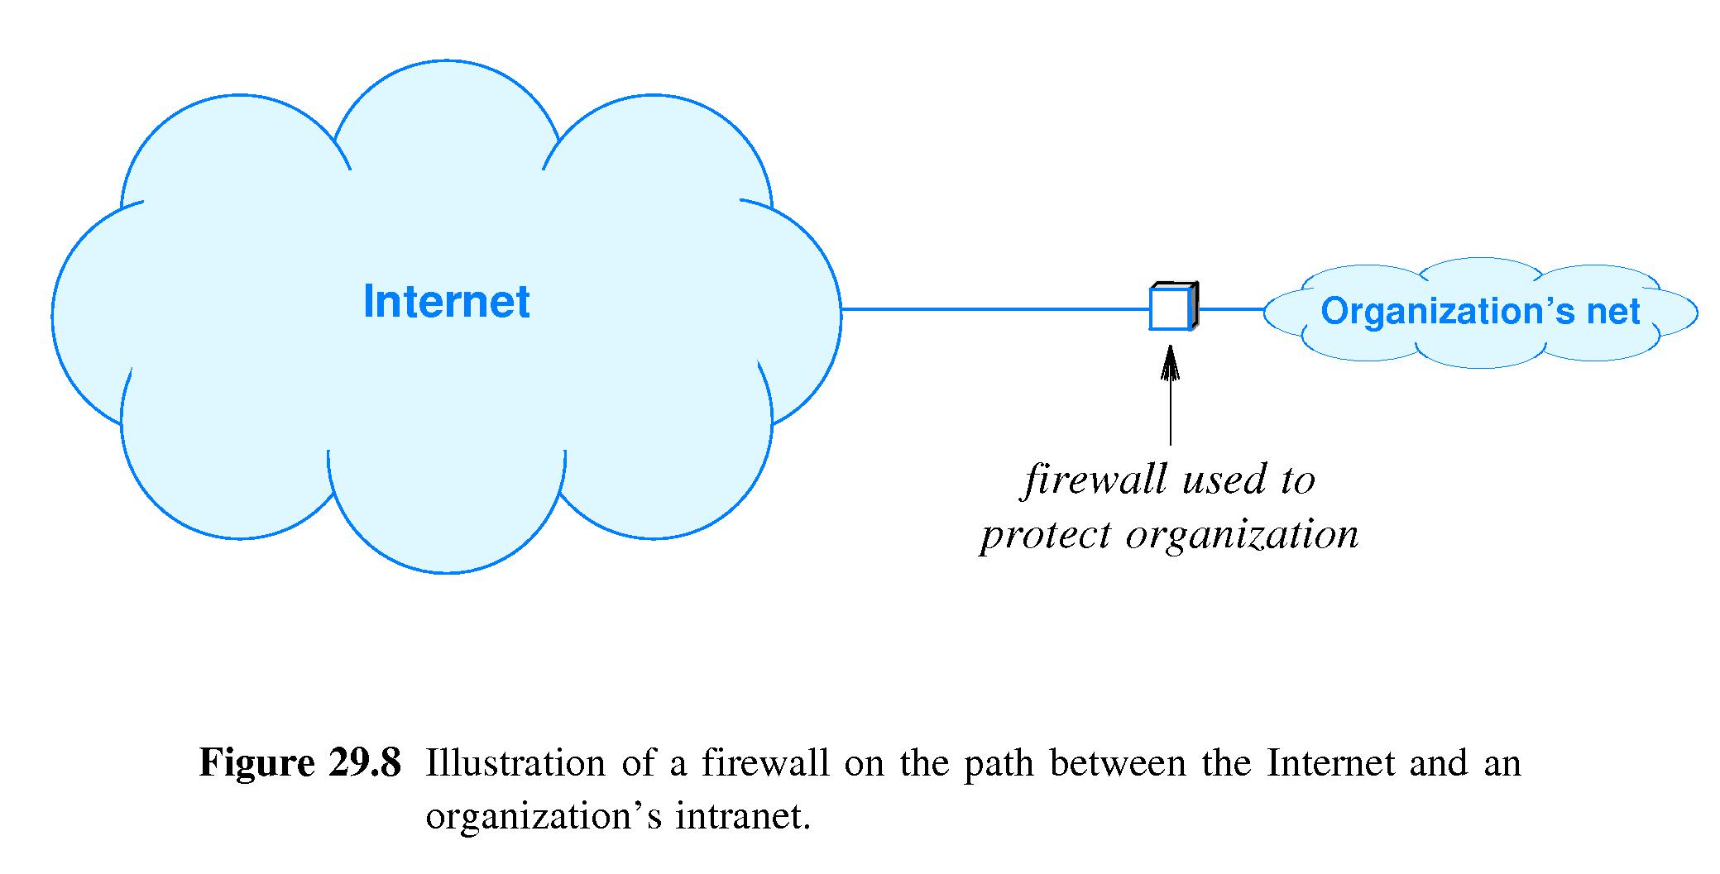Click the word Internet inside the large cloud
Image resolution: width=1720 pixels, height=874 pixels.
pos(446,302)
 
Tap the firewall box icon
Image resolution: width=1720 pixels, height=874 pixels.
pos(1171,308)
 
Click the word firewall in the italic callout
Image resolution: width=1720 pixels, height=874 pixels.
pos(1090,480)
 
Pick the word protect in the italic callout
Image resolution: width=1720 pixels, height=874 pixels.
pos(1046,535)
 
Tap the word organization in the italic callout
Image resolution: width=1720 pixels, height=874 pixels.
pos(1243,535)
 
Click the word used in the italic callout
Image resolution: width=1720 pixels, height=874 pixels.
pos(1215,480)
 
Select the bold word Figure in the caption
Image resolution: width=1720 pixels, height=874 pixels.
pos(257,762)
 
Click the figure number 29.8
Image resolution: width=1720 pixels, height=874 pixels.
pos(364,762)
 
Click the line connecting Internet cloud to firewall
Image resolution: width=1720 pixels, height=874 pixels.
pos(993,309)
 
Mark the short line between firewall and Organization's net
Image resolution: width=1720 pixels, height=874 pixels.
pos(1231,309)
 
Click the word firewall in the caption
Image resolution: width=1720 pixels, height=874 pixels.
pos(766,762)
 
